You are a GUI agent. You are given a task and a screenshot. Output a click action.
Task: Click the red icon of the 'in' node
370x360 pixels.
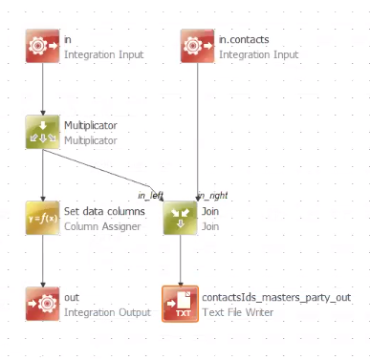pos(43,47)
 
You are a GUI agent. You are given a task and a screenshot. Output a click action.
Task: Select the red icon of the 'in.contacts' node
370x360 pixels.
pos(198,47)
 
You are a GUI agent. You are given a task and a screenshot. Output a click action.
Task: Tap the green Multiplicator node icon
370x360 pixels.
pos(43,133)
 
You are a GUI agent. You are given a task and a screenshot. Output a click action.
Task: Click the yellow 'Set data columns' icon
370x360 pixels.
pos(43,218)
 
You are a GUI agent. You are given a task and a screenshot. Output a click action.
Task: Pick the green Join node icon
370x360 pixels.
pos(181,218)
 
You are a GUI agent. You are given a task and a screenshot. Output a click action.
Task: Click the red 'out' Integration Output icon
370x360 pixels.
pos(43,304)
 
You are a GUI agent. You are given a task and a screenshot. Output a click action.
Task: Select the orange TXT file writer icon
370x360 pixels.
pos(181,304)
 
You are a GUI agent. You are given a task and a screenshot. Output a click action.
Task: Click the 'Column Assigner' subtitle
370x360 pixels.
pos(103,226)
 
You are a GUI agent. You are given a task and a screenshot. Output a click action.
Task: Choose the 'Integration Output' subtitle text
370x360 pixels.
pos(107,312)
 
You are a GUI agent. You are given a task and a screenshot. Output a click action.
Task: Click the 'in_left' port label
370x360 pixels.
pos(151,195)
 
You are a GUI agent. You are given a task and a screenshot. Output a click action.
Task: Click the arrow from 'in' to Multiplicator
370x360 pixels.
pos(43,90)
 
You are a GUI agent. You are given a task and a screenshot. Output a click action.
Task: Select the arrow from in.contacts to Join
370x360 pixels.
pos(198,124)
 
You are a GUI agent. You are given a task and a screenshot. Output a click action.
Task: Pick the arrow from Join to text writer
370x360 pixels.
pos(181,261)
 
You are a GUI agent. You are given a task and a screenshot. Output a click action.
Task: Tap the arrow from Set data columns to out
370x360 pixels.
pos(43,261)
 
